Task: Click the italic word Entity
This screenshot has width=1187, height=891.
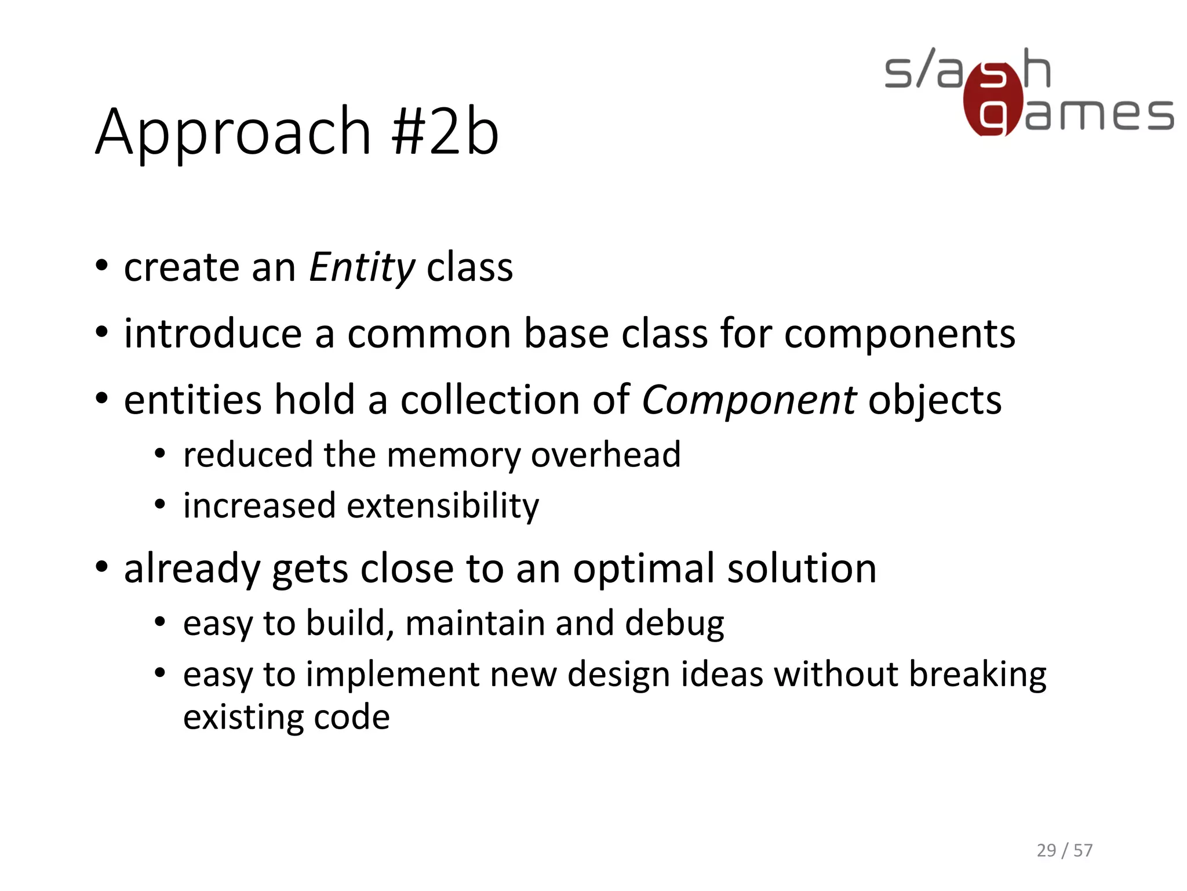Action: click(362, 268)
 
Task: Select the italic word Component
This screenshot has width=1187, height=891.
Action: click(748, 401)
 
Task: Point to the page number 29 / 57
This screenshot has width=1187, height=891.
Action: click(1064, 850)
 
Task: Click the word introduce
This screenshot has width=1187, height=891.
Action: click(213, 334)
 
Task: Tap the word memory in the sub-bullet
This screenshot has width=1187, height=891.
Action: click(453, 455)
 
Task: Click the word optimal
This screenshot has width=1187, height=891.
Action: click(644, 568)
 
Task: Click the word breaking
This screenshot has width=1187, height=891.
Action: click(977, 675)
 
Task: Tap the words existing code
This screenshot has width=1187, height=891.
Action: click(286, 718)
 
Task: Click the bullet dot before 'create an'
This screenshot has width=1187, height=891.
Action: click(102, 266)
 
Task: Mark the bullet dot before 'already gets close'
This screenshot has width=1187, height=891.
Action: click(102, 567)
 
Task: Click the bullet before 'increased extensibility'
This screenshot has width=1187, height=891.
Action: click(161, 505)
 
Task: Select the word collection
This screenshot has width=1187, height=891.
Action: click(490, 401)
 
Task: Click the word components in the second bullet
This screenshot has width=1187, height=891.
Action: click(899, 334)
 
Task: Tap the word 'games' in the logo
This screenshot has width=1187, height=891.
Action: click(1099, 114)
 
